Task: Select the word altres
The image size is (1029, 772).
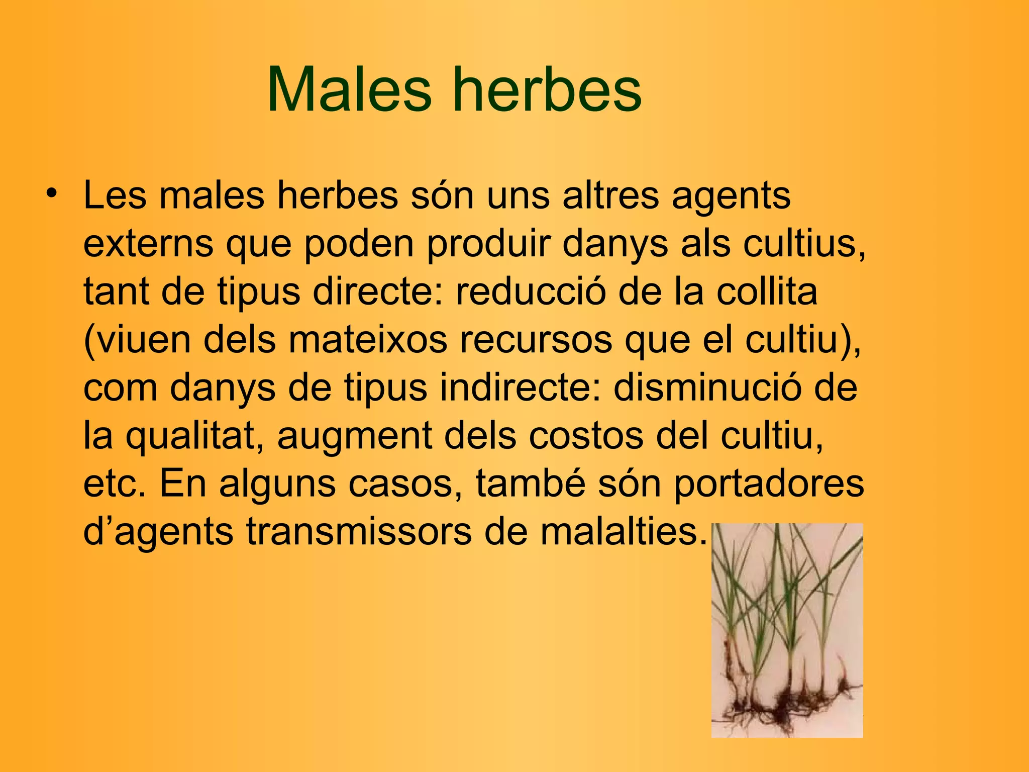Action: pos(610,196)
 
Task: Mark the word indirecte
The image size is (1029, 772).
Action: pos(520,388)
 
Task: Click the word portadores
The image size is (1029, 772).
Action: pos(768,485)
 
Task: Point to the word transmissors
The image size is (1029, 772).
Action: pos(359,532)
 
